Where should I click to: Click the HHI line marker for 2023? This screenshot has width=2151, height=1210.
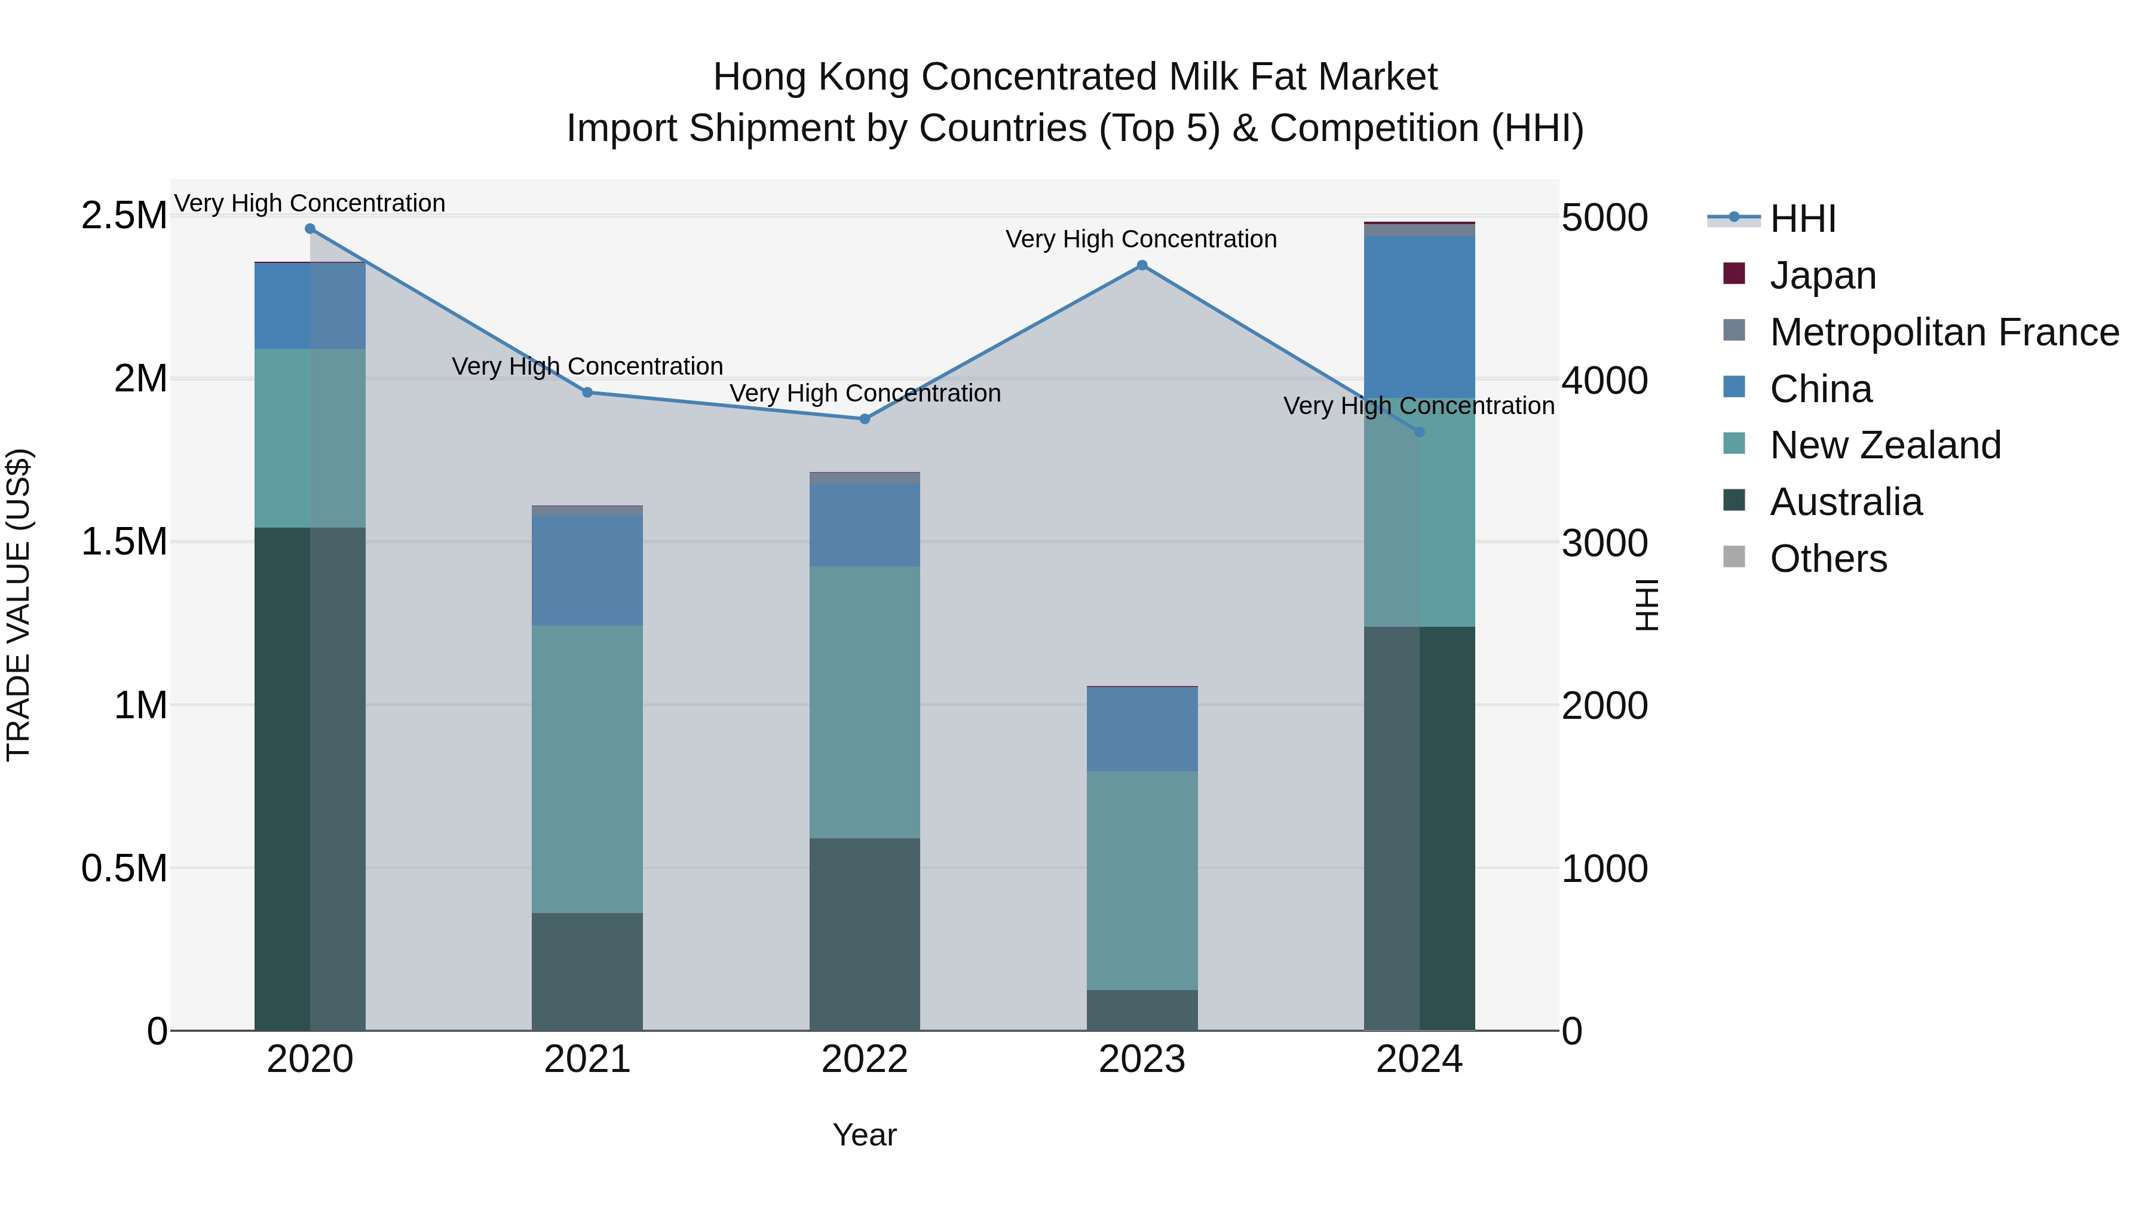[x=1141, y=265]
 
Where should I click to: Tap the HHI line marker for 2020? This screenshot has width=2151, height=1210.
[x=310, y=229]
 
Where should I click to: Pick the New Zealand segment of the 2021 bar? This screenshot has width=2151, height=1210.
[x=587, y=768]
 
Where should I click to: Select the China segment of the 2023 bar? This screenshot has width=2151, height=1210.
[x=1141, y=729]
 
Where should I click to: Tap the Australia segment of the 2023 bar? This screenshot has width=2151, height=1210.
[x=1141, y=1010]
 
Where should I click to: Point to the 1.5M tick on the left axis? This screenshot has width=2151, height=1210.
[x=124, y=542]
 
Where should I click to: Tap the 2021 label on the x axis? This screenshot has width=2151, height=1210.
[x=587, y=1059]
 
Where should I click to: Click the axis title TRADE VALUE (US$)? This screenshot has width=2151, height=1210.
[x=19, y=605]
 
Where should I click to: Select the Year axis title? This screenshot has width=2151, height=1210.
[x=864, y=1135]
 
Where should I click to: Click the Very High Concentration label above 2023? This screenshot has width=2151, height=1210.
[x=1141, y=239]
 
